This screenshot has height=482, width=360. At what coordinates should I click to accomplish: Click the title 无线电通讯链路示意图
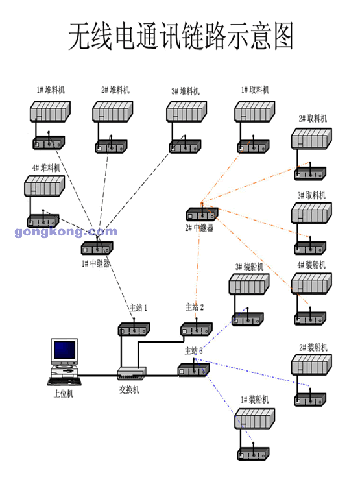tap(180, 37)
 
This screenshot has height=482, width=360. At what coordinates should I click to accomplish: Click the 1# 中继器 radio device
tap(97, 247)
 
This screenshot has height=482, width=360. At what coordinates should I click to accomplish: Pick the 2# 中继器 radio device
tap(202, 213)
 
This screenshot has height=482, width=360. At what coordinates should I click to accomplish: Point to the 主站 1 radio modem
tap(134, 329)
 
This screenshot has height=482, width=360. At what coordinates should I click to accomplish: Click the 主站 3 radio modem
tap(193, 370)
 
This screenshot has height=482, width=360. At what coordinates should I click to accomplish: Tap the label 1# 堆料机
tap(51, 90)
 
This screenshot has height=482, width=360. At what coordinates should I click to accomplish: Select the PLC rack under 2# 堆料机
tap(114, 111)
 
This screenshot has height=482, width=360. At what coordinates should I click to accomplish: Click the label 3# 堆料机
tap(186, 90)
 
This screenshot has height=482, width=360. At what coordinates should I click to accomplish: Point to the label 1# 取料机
tap(255, 90)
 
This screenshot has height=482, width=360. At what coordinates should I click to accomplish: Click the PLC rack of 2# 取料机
tap(313, 139)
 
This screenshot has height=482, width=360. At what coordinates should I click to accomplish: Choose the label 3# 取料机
tap(311, 195)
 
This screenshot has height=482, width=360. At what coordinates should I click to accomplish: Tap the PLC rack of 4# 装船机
tap(313, 285)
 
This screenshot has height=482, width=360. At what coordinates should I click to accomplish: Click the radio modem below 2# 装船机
tap(312, 398)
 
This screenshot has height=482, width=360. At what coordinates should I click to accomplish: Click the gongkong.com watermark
tap(66, 232)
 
